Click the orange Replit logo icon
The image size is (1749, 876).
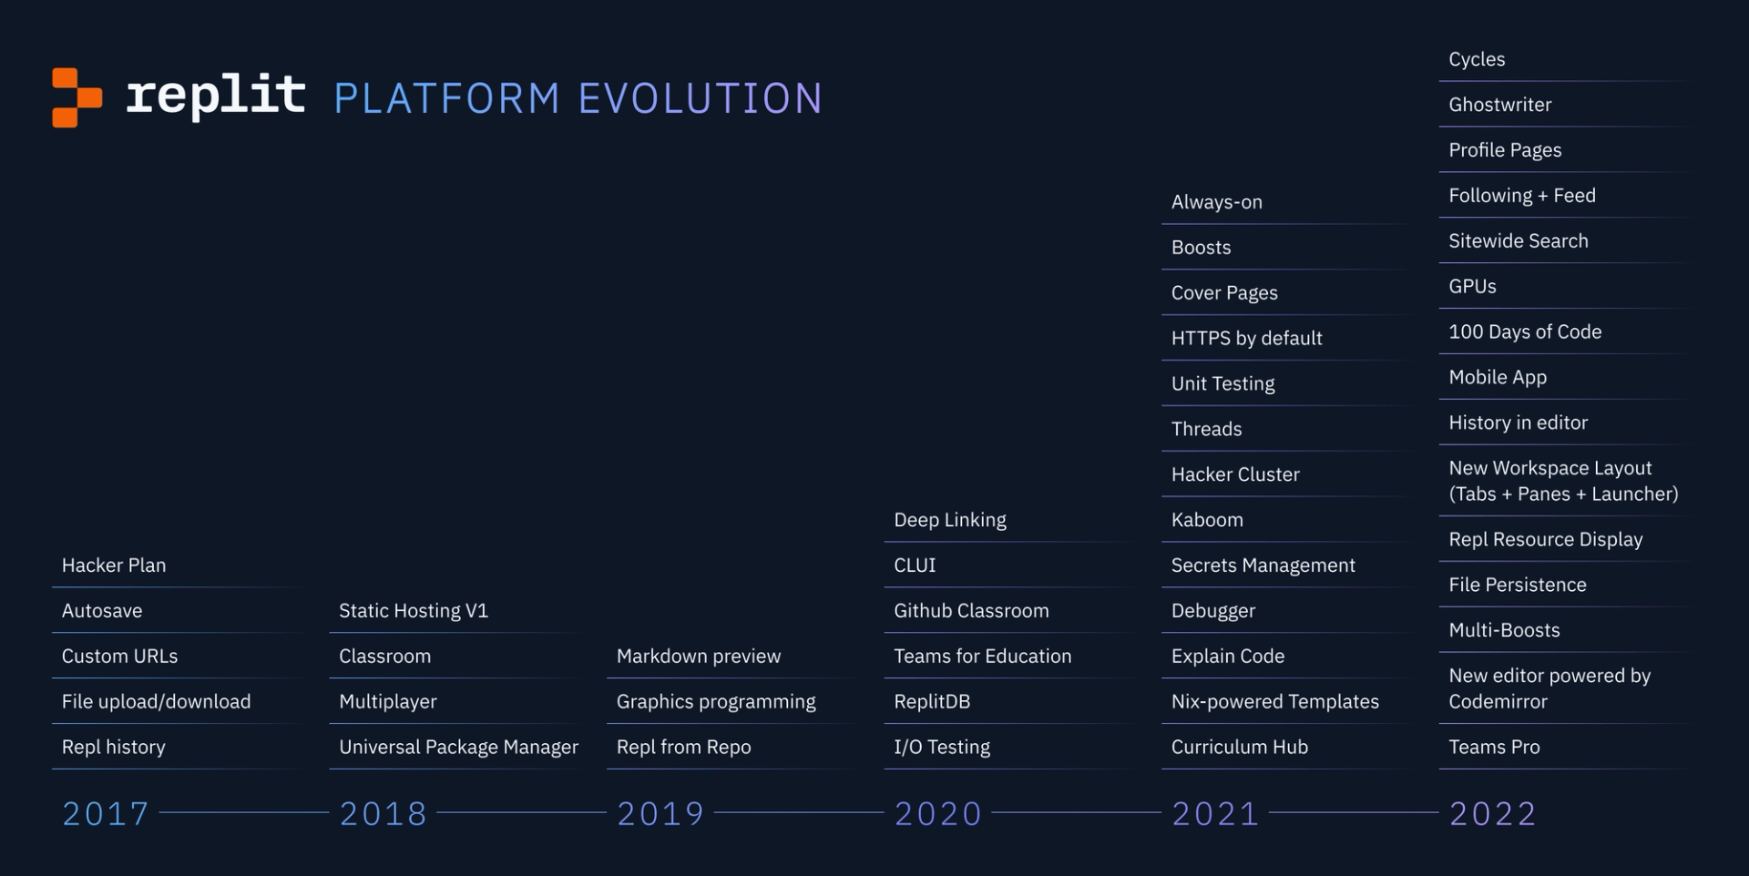tap(77, 97)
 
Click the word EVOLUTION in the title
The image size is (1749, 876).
tap(700, 98)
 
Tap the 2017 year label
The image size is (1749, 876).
tap(106, 813)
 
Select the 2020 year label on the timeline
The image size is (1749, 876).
tap(938, 813)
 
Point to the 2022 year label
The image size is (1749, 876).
tap(1493, 813)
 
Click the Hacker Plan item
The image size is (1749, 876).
tap(114, 565)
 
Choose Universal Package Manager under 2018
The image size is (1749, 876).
tap(458, 748)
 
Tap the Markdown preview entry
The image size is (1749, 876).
tap(699, 657)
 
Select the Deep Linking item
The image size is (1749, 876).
tap(950, 520)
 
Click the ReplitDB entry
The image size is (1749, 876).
tap(932, 702)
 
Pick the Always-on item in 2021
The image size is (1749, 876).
tap(1216, 202)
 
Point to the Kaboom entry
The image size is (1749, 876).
tap(1207, 520)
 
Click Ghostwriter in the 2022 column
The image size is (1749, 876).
tap(1500, 105)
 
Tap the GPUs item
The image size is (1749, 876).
tap(1472, 287)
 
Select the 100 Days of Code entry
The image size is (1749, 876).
tap(1525, 332)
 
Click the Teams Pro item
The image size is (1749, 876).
tap(1494, 748)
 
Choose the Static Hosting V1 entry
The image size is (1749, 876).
tap(414, 611)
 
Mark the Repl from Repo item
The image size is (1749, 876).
tap(683, 748)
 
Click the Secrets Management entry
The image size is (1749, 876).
tap(1263, 565)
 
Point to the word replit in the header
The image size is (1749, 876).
tap(215, 96)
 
